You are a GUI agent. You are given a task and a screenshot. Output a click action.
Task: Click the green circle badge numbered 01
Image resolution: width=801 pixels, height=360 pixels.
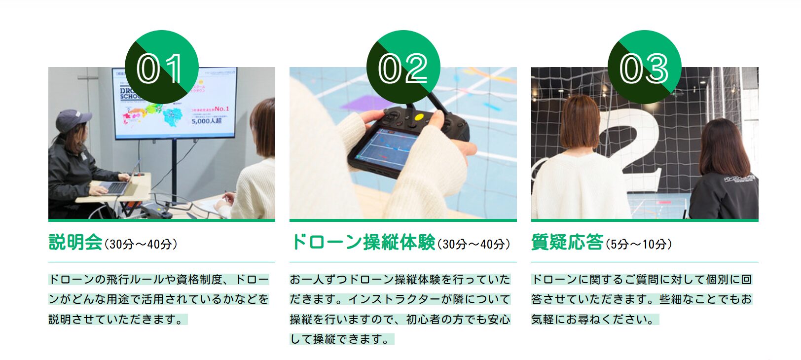(x=161, y=67)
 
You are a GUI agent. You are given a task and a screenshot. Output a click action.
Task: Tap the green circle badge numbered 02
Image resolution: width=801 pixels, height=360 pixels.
(x=403, y=67)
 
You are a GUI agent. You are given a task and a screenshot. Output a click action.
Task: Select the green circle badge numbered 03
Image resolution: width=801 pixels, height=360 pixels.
(x=644, y=67)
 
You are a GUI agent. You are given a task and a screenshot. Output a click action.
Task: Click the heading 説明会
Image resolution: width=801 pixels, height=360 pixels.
(x=75, y=243)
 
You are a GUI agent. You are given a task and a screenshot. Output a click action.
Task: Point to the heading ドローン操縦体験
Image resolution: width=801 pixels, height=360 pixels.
(x=363, y=243)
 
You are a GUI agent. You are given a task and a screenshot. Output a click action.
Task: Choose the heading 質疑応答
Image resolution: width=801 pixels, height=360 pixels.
(x=567, y=243)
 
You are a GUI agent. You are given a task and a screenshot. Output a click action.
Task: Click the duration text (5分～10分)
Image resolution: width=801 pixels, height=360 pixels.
(x=639, y=244)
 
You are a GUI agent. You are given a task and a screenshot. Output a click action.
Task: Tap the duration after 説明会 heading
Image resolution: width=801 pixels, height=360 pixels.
(x=141, y=244)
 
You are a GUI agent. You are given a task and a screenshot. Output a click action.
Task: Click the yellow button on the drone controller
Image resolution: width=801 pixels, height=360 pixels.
(x=419, y=117)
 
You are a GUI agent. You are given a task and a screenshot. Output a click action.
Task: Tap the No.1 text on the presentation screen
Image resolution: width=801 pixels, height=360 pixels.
(x=221, y=108)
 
